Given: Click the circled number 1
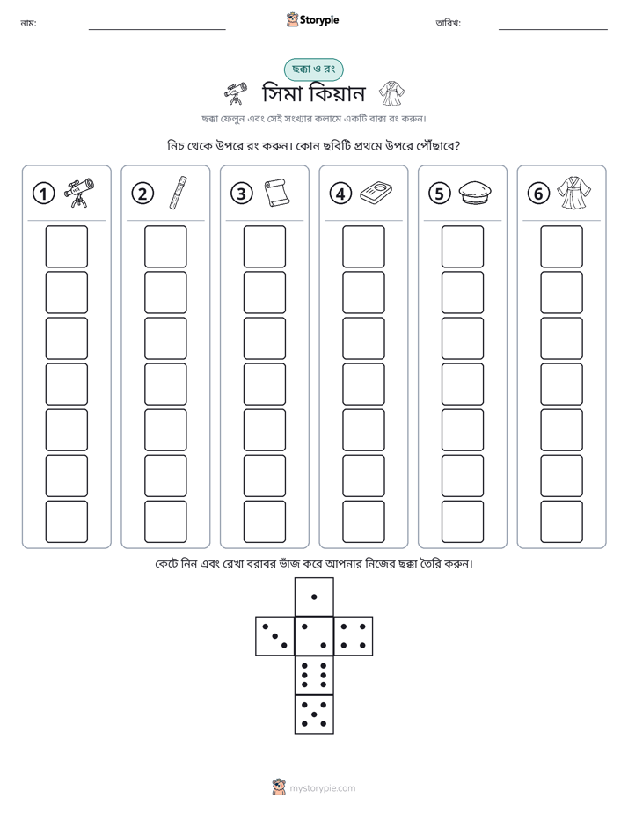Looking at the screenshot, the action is coord(43,194).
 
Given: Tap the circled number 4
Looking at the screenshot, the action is coord(340,194).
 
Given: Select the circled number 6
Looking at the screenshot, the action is coord(538,194).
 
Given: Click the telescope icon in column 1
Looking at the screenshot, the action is coord(79,193).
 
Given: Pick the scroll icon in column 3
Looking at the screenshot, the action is coord(277,193).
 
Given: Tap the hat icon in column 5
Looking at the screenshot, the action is coord(475,193).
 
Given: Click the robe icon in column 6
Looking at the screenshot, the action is coord(574,193).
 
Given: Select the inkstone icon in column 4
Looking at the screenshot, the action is coord(376,193).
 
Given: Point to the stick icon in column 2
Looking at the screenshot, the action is coord(179,193).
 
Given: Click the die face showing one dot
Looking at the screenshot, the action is coord(314,597).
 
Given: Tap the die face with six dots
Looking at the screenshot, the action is coord(314,676).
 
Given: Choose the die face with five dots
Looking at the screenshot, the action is coord(314,714).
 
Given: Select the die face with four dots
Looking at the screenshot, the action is coord(354,636).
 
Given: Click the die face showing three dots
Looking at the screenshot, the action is coord(275,636).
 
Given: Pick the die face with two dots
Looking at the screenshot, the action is coord(314,636).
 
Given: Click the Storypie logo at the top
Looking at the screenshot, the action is coord(312,20).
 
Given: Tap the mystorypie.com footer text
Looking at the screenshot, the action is coord(322,788).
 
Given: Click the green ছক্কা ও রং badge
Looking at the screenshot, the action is coord(313,70).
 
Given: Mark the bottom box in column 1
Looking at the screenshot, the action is coord(67,522).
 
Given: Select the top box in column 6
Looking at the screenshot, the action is coord(562,246).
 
